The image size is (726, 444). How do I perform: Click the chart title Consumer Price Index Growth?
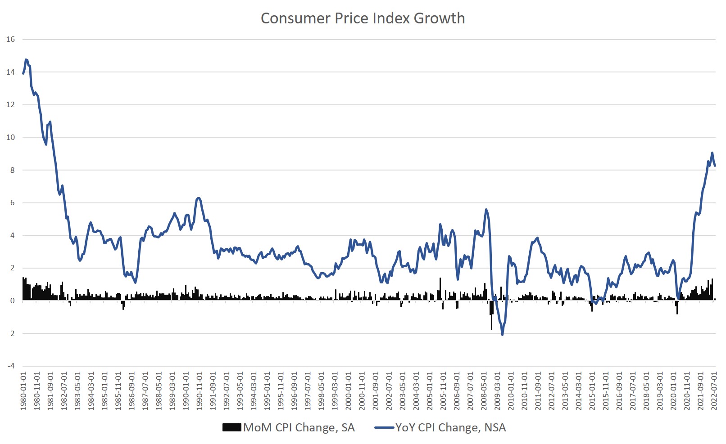click(363, 18)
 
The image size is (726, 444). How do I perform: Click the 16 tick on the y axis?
click(10, 40)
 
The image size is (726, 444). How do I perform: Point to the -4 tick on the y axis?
click(10, 366)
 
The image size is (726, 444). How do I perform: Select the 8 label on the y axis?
click(12, 170)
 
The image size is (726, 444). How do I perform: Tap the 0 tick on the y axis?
click(12, 300)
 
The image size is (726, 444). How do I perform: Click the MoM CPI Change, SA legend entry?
click(289, 427)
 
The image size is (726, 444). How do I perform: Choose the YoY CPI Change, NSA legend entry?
click(440, 427)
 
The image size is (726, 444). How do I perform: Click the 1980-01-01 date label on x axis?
click(23, 390)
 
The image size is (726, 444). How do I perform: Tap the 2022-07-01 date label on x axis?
click(714, 390)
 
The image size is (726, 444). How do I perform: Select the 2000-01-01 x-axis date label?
click(348, 390)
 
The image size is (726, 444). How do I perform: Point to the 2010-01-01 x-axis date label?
click(511, 390)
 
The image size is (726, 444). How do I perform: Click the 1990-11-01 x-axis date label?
click(199, 390)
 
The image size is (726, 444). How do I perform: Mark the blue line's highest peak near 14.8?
click(26, 59)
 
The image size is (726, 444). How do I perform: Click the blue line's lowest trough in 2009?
click(502, 334)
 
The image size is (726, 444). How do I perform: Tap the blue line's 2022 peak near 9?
click(712, 153)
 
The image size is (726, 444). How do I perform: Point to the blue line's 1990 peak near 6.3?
click(199, 198)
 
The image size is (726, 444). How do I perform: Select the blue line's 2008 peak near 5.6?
click(486, 209)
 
